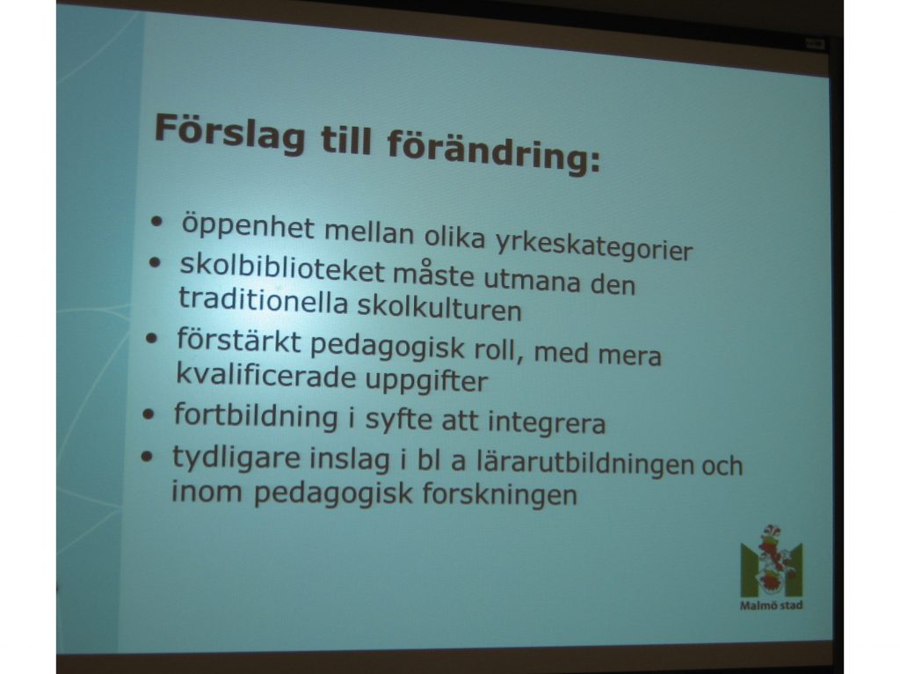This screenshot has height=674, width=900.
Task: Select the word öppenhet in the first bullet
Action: (248, 227)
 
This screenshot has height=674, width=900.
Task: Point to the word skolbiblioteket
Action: (282, 268)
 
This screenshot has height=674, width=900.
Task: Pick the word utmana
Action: (532, 281)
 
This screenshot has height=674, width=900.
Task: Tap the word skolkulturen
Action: (439, 307)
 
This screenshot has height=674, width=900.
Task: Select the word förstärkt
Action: (239, 341)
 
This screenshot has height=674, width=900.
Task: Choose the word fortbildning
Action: (256, 416)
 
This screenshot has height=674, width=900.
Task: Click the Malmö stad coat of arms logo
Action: (772, 561)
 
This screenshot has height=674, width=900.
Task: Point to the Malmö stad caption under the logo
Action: (772, 605)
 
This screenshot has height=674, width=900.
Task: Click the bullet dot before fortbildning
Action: (149, 414)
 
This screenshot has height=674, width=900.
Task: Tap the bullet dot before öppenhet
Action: (156, 221)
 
